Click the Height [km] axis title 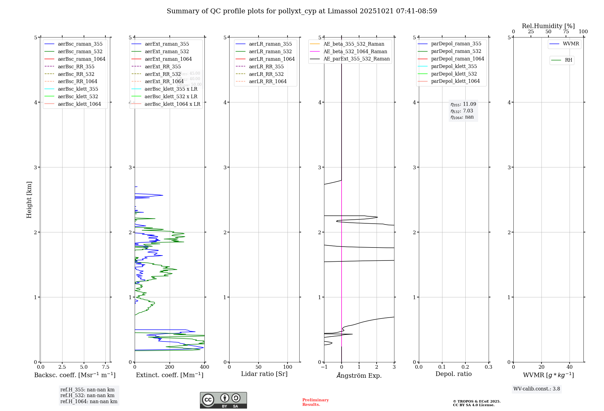29,199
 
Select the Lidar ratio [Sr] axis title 264,374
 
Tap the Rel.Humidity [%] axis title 548,26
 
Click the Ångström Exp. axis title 359,375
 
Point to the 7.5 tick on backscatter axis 105,367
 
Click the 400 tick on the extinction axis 204,367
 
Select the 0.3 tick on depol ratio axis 488,367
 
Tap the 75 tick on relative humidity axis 566,32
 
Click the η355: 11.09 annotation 463,104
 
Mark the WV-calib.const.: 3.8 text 536,389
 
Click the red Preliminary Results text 315,402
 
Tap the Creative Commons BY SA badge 223,400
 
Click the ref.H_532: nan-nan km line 87,395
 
